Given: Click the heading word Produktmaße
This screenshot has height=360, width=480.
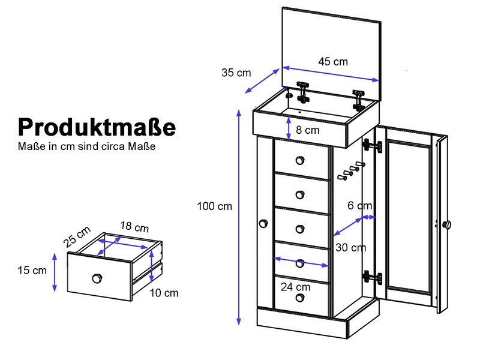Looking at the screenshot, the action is click(97, 127).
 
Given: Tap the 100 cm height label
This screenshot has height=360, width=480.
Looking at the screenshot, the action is click(215, 206).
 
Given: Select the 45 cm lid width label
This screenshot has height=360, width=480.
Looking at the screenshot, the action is click(333, 62).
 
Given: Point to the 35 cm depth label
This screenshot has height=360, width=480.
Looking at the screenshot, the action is click(236, 73).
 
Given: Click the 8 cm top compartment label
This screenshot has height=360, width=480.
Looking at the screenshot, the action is click(307, 130).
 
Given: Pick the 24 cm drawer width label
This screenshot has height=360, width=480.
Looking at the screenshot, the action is click(295, 287).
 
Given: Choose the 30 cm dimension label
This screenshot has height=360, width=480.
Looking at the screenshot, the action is click(350, 247).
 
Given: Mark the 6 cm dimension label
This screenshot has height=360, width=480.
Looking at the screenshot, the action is click(359, 205).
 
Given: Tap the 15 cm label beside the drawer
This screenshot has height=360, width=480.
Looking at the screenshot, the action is click(32, 271).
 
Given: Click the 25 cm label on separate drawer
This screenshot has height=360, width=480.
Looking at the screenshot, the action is click(77, 236).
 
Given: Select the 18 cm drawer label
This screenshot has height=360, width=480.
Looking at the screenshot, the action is click(134, 227).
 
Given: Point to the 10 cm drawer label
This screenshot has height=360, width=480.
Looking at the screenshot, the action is click(164, 293).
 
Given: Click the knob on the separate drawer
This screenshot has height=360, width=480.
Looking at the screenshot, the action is click(97, 278).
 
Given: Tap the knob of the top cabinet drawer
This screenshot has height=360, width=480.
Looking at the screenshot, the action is click(300, 160).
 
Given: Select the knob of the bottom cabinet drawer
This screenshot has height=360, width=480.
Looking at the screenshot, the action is click(300, 297).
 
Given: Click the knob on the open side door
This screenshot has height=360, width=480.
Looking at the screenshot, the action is click(448, 225).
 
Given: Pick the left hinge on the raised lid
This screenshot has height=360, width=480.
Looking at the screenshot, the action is click(303, 92).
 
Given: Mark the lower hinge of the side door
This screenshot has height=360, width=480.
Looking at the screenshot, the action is click(373, 278).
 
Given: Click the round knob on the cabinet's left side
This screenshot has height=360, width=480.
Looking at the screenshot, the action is click(263, 224).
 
